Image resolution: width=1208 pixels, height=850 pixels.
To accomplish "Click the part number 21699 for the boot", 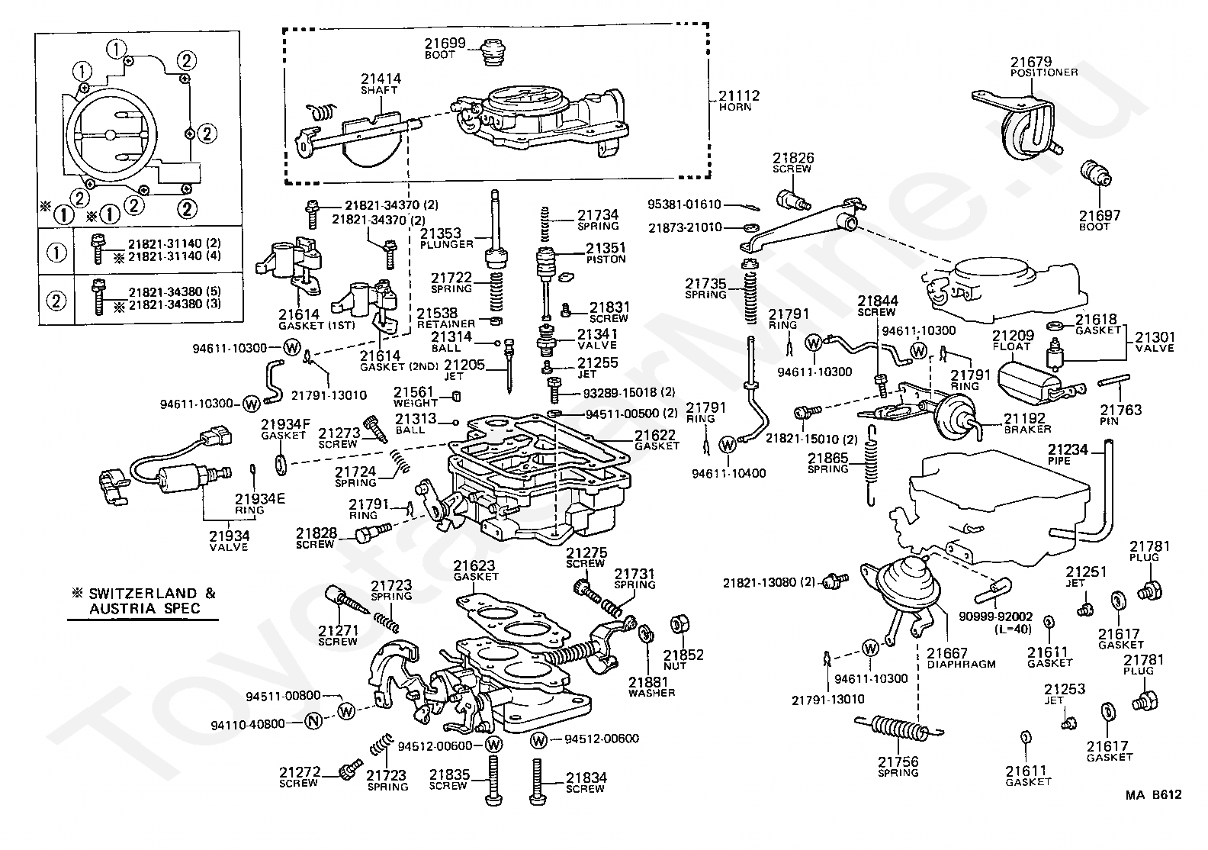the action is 445,43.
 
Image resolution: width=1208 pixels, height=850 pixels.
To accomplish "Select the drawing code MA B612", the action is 1153,795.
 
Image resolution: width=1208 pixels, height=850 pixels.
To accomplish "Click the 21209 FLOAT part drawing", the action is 1031,385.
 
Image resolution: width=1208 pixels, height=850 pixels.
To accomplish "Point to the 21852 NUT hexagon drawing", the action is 678,625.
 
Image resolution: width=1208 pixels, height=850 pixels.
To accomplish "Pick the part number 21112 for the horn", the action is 739,95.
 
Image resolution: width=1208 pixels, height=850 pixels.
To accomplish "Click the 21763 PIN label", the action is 1120,414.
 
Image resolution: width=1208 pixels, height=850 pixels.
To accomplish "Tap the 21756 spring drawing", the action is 898,727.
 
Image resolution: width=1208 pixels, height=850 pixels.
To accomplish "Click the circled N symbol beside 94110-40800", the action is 313,720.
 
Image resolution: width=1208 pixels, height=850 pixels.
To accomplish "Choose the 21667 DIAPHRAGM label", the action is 961,658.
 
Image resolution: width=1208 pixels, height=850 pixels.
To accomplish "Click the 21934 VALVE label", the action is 230,541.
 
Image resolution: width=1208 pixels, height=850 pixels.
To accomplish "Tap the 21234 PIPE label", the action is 1068,455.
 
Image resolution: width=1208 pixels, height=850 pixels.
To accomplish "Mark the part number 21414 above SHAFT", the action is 381,79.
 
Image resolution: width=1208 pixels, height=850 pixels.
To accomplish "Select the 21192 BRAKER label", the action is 1026,423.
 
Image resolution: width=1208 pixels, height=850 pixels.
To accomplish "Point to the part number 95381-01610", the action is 684,204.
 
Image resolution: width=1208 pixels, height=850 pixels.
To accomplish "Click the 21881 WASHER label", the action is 651,687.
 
